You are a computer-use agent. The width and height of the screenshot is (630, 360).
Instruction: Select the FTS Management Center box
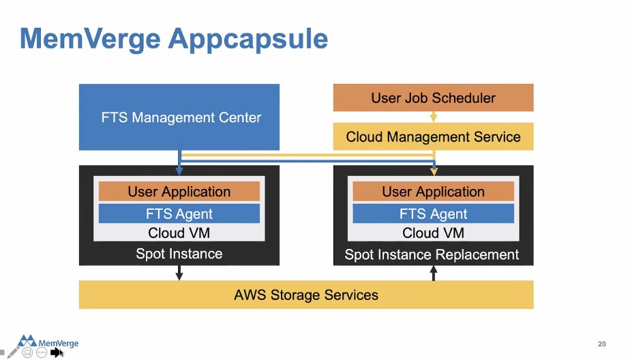click(179, 117)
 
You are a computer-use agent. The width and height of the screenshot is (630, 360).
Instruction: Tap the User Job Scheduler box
click(433, 97)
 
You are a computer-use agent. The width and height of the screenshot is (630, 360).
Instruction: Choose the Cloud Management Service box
click(433, 137)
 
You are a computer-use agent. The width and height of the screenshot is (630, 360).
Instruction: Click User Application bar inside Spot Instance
click(179, 192)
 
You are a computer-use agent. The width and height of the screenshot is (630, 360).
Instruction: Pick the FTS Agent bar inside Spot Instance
click(179, 213)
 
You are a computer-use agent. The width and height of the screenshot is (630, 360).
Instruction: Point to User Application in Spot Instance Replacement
click(433, 192)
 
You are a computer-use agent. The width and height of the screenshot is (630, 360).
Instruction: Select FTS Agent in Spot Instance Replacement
click(433, 213)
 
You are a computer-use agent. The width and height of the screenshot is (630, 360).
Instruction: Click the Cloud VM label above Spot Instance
click(179, 233)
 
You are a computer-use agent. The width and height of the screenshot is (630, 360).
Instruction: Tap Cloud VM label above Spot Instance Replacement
click(433, 233)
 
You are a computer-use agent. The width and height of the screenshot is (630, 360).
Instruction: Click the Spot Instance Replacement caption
click(432, 255)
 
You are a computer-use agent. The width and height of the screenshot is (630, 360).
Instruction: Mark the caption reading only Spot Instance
click(179, 254)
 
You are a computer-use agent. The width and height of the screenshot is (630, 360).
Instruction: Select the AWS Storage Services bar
click(306, 295)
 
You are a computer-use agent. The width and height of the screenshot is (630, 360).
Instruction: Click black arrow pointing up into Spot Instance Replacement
click(433, 272)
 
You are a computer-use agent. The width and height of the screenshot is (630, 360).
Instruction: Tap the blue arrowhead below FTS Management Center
click(179, 170)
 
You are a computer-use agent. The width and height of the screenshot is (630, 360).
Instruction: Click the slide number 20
click(601, 344)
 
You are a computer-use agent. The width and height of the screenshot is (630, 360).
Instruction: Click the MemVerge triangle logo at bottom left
click(28, 340)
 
